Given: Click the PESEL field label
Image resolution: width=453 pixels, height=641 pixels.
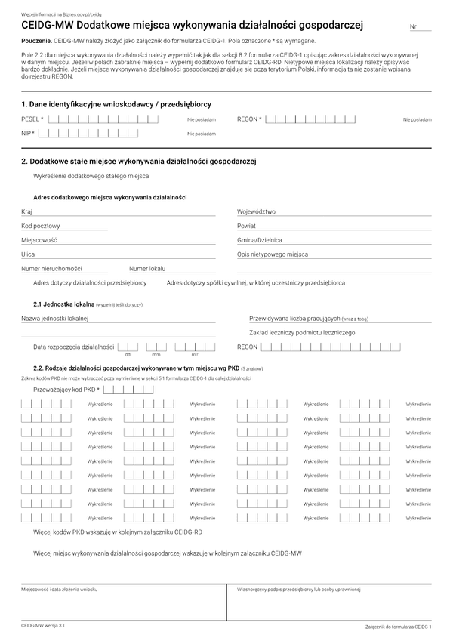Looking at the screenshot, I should coord(32,119).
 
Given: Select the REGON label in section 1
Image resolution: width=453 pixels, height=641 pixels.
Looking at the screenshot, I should coord(249,119).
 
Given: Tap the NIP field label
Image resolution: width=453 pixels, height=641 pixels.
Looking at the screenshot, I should coord(28,134).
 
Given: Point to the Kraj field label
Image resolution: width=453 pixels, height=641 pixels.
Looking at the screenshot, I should coord(27,212).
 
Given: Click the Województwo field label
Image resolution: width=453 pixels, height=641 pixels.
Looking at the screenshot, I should coord(256,212).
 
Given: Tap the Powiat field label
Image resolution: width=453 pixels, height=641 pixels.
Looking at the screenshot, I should coord(246,226).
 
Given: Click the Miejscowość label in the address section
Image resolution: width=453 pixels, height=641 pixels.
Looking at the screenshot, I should coord(39,240).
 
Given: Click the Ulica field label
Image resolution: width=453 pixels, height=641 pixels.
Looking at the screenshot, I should coord(28,254).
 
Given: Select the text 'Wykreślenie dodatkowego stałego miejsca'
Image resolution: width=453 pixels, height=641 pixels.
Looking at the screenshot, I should coord(91,176).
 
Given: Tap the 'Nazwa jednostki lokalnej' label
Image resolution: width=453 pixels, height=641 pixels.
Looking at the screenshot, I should coord(55,319).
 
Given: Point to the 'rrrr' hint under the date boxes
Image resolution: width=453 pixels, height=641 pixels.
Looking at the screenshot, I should coord(194,354).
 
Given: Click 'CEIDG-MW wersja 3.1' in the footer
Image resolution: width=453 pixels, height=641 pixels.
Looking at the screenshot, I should coord(43,626).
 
